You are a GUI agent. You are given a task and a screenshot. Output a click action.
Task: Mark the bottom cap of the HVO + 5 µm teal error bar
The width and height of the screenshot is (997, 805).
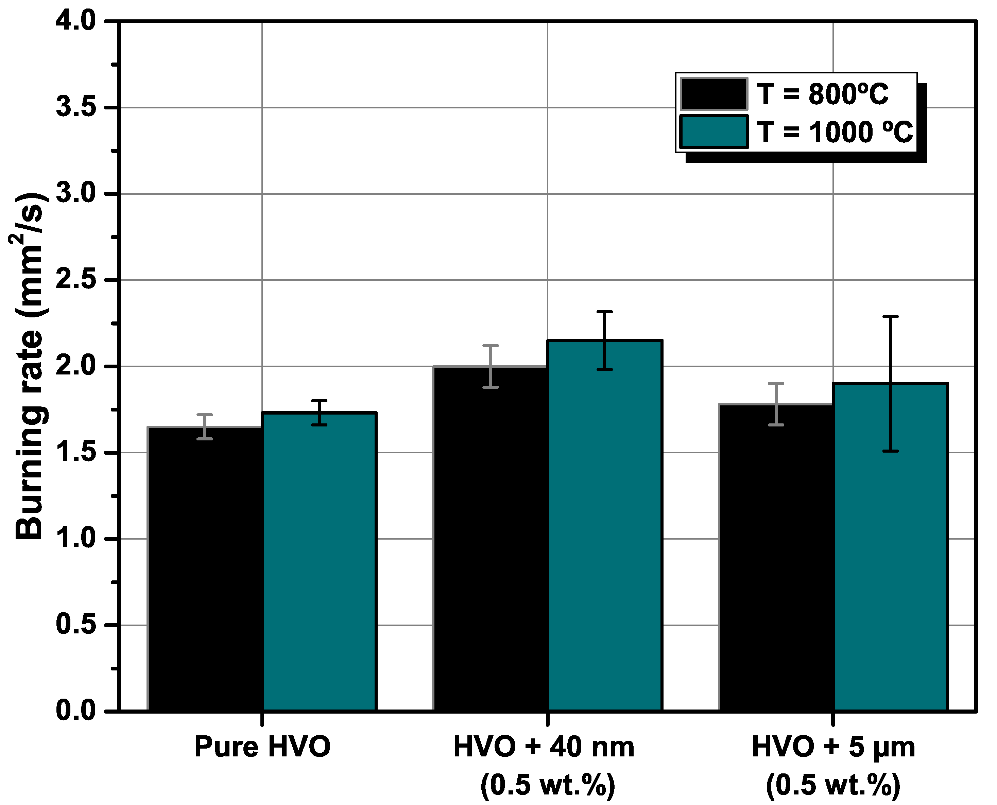890,451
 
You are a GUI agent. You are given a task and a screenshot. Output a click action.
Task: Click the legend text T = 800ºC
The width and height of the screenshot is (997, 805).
822,94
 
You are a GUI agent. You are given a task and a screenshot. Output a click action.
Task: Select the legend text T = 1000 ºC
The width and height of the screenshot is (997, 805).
835,132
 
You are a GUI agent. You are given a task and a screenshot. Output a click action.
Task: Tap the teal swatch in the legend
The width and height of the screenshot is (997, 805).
714,132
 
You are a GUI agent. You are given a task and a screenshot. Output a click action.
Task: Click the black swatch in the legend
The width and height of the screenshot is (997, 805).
714,94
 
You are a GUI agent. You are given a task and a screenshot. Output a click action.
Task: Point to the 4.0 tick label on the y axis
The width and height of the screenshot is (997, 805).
75,21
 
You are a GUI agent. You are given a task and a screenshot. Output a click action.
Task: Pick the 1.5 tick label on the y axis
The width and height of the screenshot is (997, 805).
75,453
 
